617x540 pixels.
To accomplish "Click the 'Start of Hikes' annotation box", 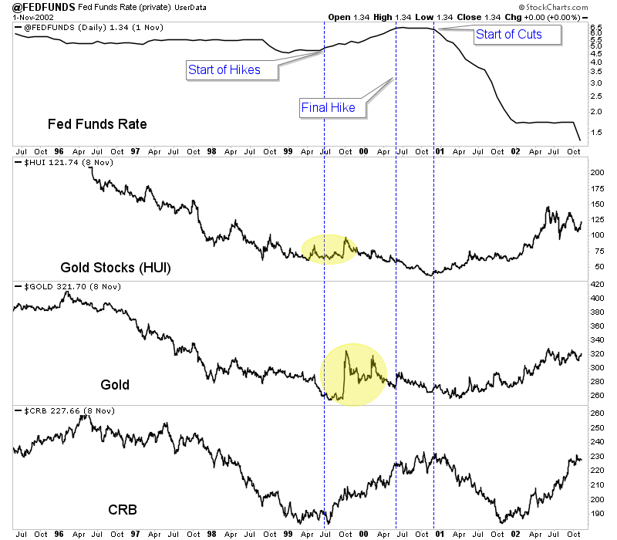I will (x=224, y=69).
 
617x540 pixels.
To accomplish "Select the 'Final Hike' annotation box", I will (x=328, y=107).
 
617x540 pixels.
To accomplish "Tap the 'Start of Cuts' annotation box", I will (x=508, y=34).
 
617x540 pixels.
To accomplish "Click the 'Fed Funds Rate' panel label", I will (x=97, y=123).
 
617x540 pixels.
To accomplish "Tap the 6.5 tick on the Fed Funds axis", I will (x=595, y=28).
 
